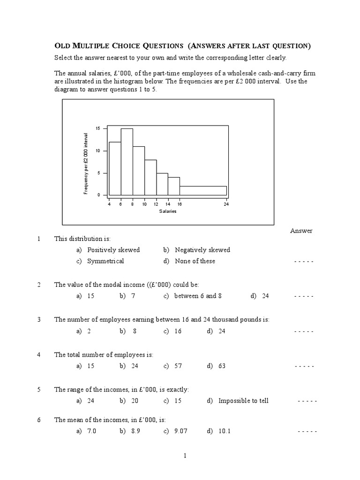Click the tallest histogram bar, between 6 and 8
[127, 162]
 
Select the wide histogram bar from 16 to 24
[203, 190]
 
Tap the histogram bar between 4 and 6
[115, 168]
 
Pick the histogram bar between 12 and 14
[162, 184]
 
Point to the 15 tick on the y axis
[98, 128]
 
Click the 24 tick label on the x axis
[226, 204]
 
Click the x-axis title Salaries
[168, 211]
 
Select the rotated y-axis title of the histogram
[86, 163]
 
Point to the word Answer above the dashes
[301, 231]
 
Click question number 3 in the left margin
[39, 320]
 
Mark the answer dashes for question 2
[304, 296]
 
